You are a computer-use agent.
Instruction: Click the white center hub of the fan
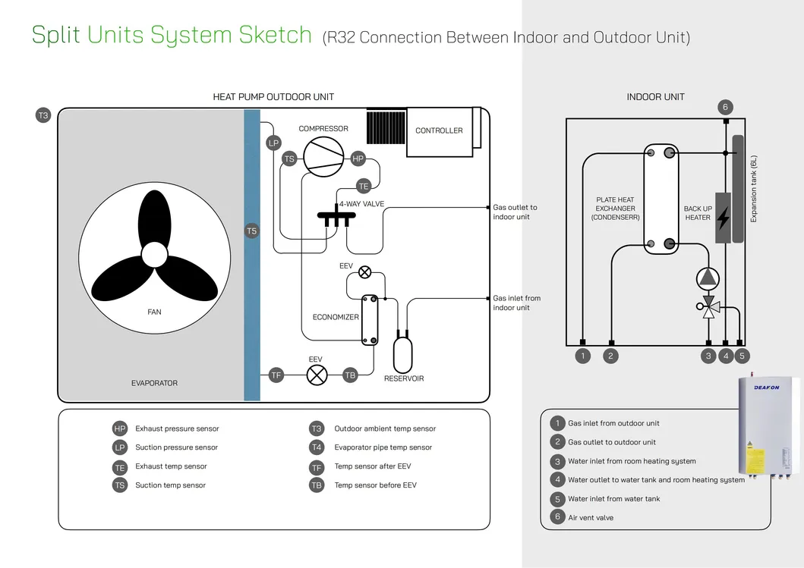click(154, 254)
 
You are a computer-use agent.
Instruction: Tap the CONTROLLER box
click(439, 131)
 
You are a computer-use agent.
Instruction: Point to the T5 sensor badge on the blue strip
click(252, 231)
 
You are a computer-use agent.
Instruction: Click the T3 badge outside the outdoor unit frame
click(43, 115)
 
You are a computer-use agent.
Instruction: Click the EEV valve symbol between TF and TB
click(317, 375)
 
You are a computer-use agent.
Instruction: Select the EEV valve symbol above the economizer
click(365, 272)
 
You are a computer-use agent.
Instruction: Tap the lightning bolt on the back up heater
click(723, 218)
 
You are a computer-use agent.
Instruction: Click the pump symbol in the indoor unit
click(708, 277)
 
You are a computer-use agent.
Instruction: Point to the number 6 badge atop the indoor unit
click(725, 107)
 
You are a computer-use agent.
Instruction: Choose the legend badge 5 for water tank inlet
click(557, 499)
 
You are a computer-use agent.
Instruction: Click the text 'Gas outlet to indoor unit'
click(515, 212)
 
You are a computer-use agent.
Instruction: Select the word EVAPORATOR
click(154, 383)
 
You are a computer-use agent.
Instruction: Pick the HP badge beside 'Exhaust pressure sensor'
click(119, 428)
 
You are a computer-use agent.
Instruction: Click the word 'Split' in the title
click(55, 35)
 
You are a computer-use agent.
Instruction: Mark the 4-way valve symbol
click(338, 217)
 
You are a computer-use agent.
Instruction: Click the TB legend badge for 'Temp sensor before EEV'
click(317, 485)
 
